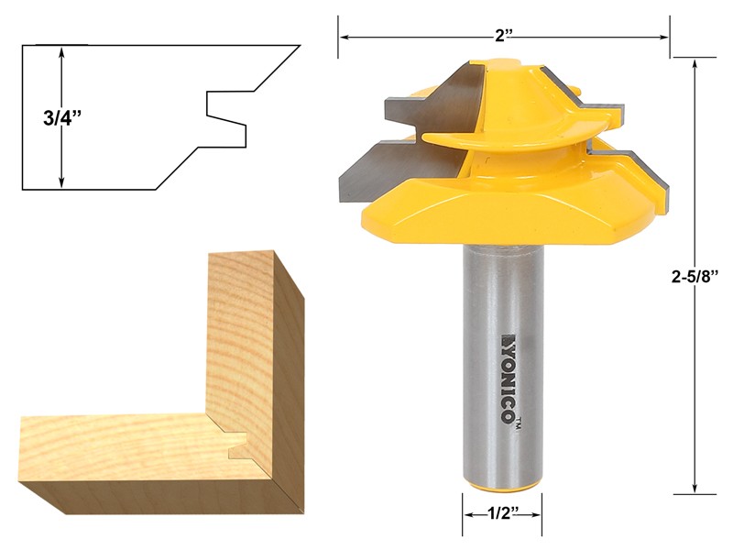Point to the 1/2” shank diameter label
click(501, 515)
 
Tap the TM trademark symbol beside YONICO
click(519, 423)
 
